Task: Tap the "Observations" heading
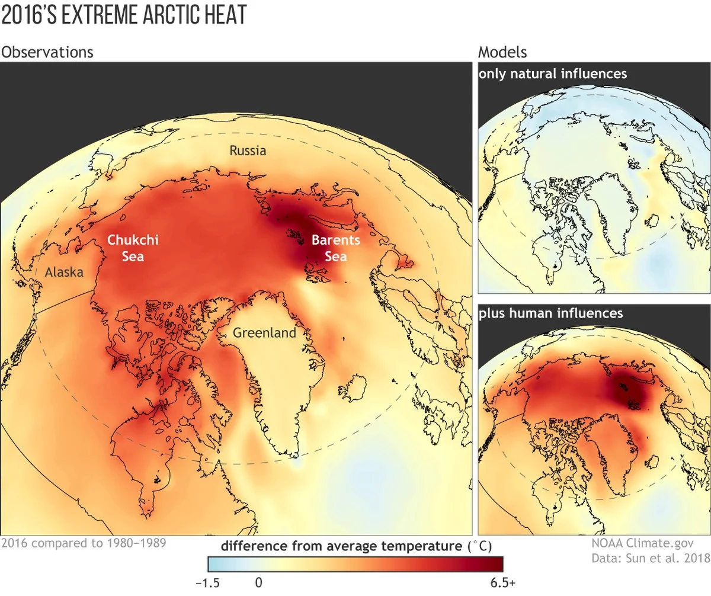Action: tap(47, 52)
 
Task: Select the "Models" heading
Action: tap(502, 52)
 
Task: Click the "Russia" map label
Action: tap(248, 150)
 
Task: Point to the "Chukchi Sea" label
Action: tap(132, 248)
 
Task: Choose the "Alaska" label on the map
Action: tap(64, 273)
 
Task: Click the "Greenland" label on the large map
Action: tap(264, 333)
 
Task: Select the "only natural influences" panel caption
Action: tap(553, 74)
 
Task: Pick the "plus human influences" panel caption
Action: tap(551, 312)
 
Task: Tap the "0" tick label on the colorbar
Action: tap(258, 583)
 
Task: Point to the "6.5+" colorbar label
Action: tap(504, 583)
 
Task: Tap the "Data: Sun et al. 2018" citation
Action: tap(650, 558)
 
